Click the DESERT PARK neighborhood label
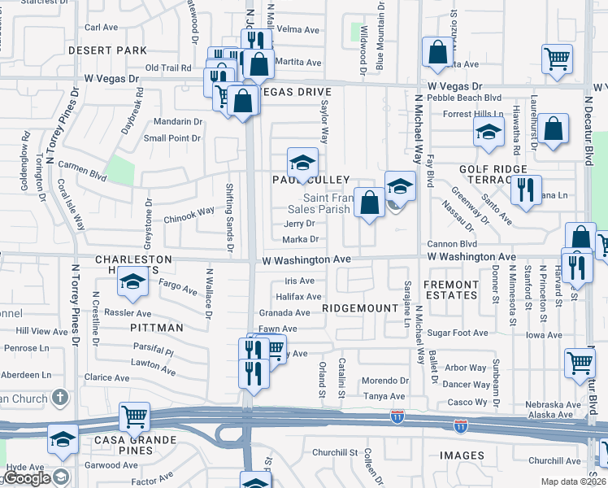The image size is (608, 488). pos(107,50)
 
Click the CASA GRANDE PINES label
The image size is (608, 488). pos(125,447)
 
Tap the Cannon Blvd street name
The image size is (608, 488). pos(452,243)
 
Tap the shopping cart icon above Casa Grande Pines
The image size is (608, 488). pos(134,416)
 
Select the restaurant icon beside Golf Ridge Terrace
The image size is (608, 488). pos(525,190)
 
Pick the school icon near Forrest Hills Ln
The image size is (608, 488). pos(487,132)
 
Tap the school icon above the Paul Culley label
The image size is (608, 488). pos(302,161)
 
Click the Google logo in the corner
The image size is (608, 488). pos(27,479)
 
